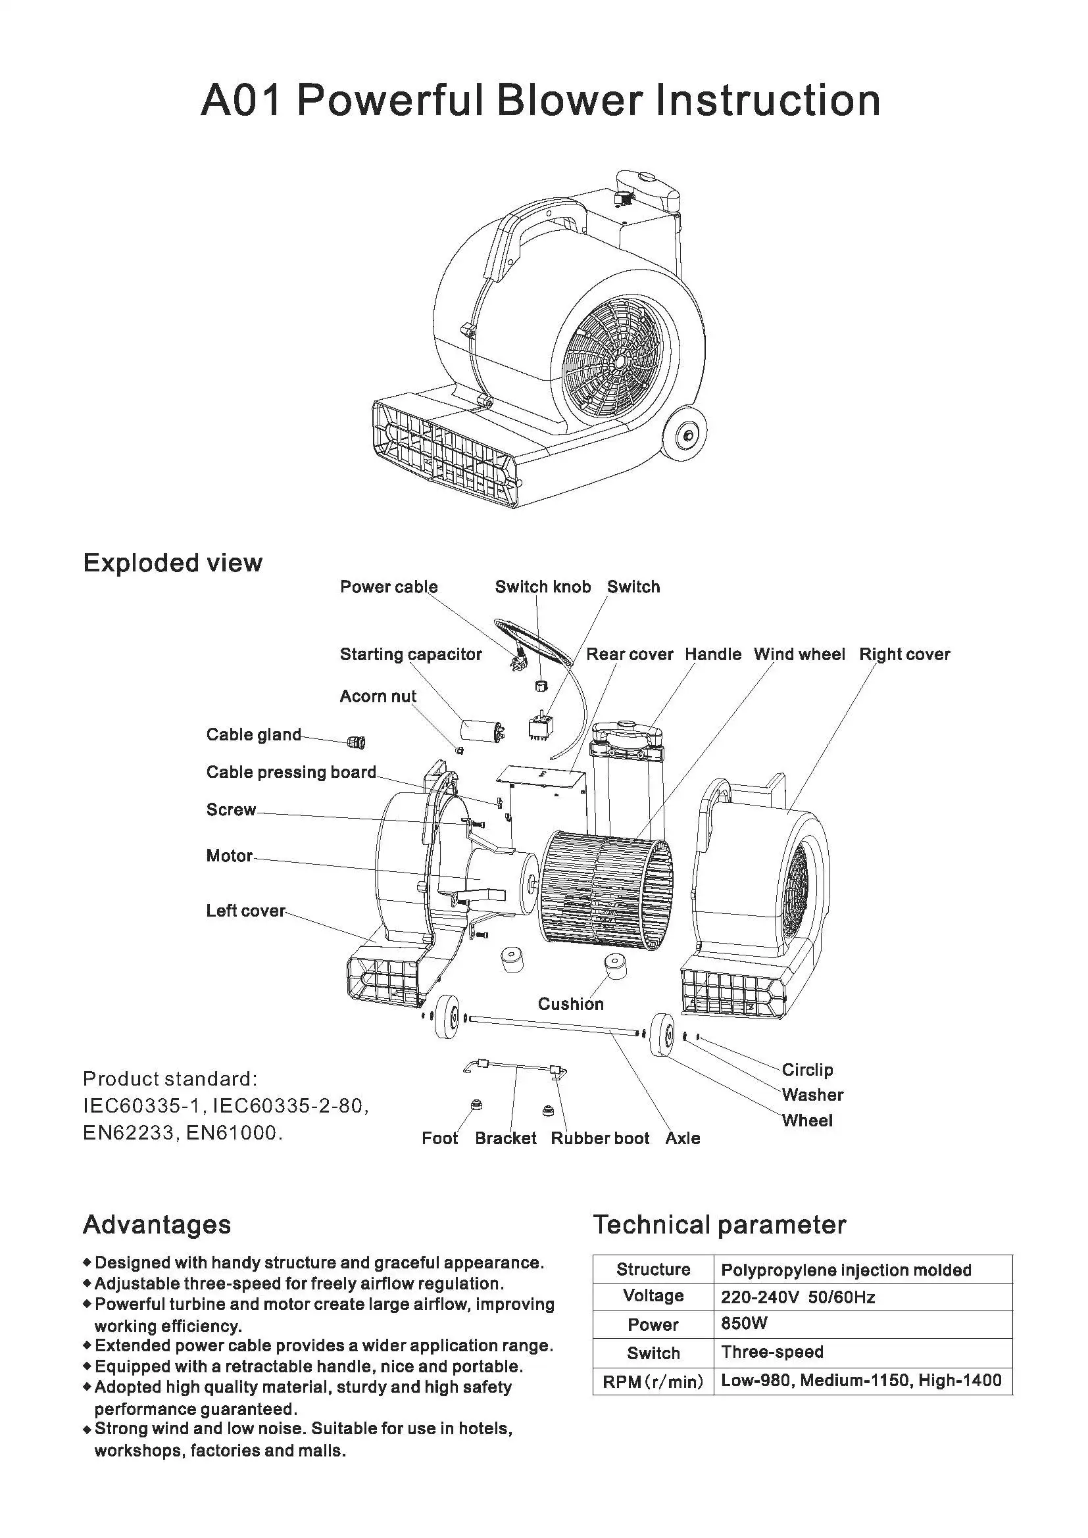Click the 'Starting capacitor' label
coord(410,654)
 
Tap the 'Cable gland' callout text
coord(254,735)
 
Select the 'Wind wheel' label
coord(799,654)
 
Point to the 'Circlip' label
coord(807,1070)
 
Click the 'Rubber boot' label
coord(600,1138)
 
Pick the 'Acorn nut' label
coord(378,696)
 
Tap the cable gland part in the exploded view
coord(357,742)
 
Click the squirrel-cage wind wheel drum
coord(605,891)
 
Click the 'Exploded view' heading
coord(172,563)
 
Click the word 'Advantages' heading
coord(157,1224)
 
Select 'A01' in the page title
coord(240,101)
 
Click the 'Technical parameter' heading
coord(720,1224)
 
